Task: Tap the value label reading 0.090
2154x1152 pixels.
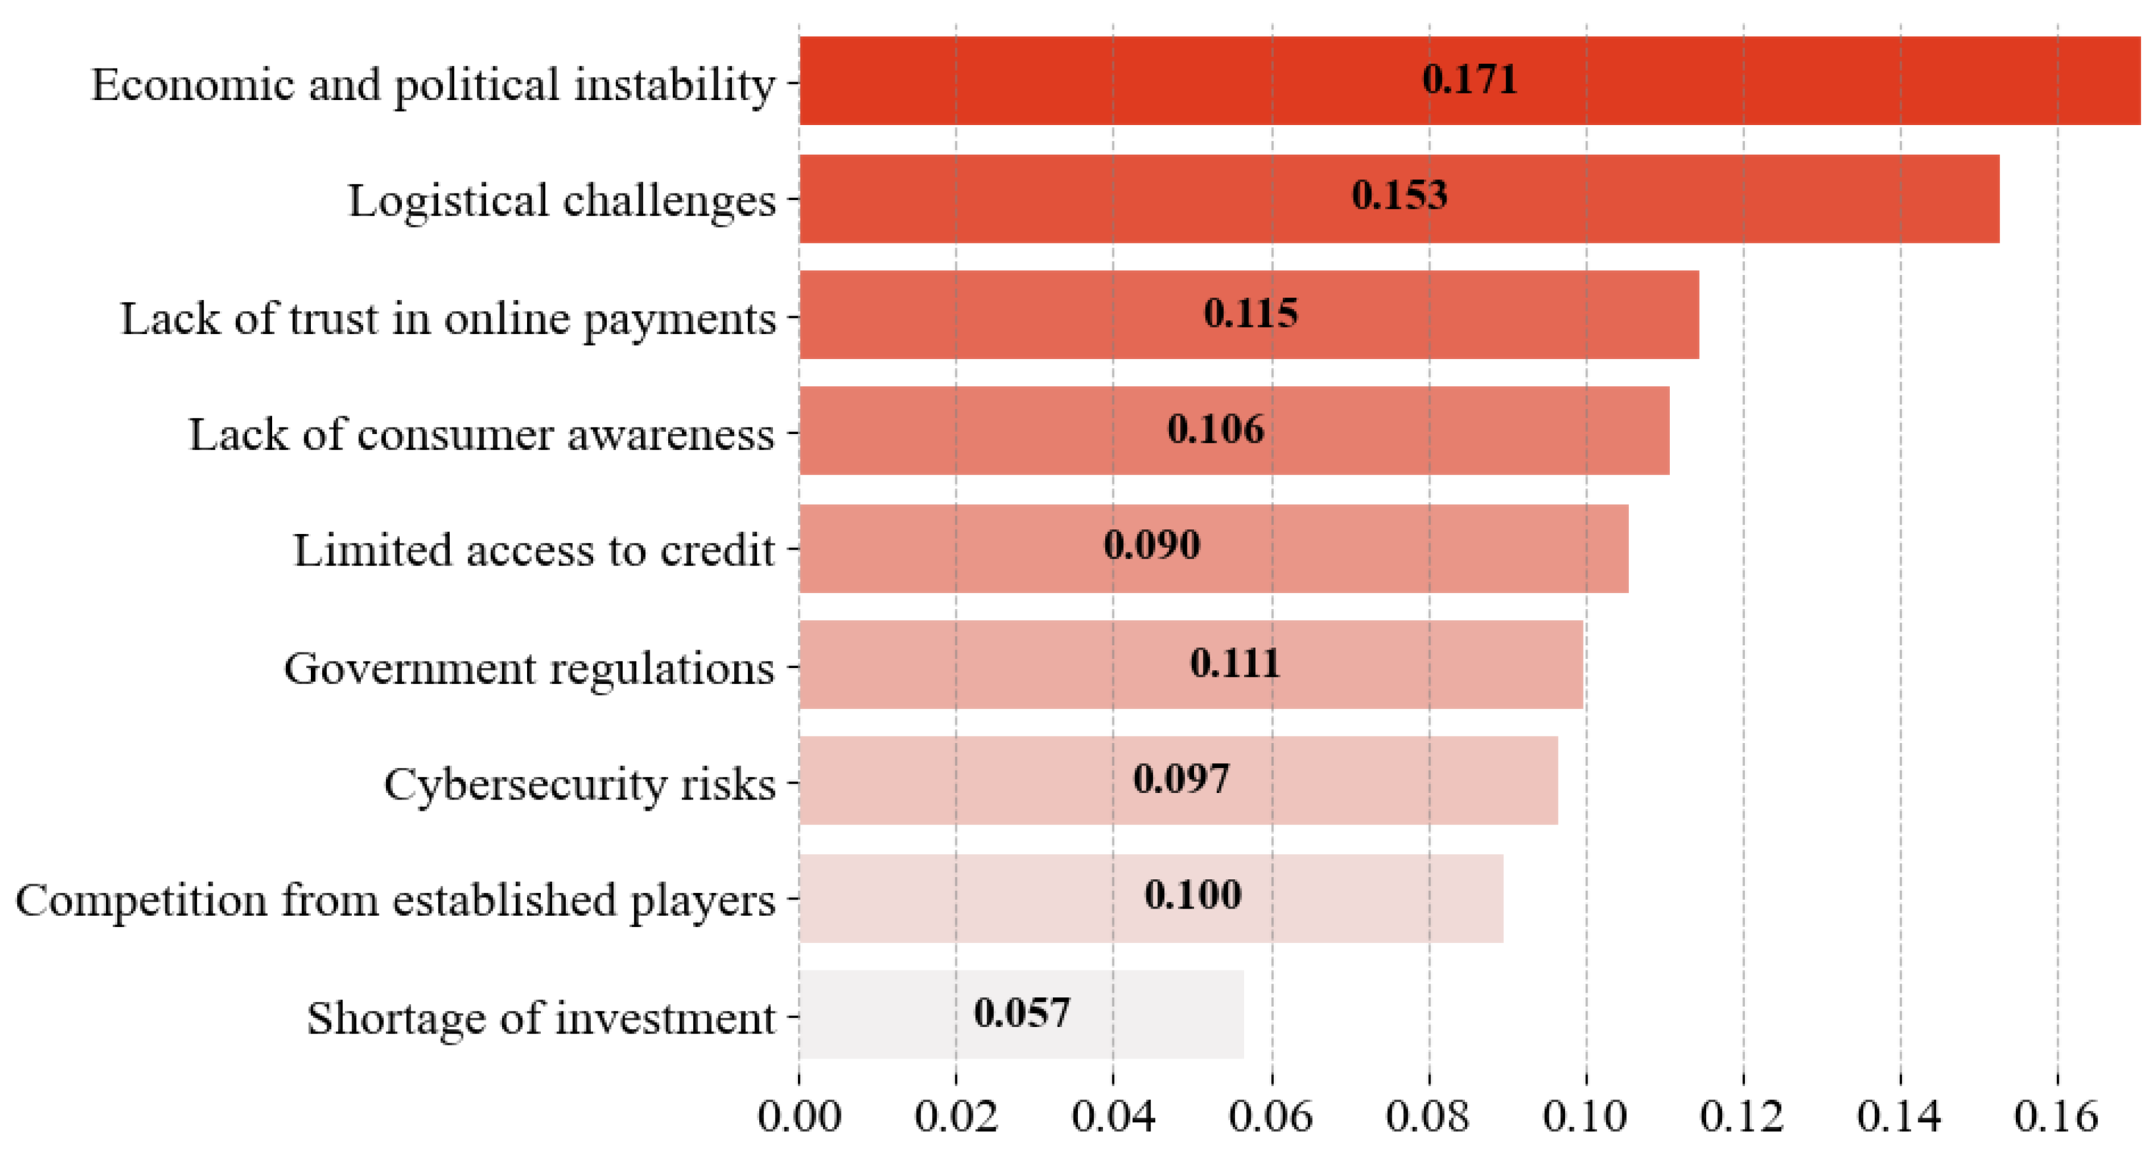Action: [1151, 545]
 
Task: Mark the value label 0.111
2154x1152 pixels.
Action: [1234, 664]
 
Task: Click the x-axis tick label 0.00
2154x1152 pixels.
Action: [799, 1117]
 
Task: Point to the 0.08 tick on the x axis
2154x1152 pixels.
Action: [1427, 1117]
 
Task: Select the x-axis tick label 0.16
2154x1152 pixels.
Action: [2056, 1117]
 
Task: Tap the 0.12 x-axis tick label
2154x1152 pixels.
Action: [1742, 1117]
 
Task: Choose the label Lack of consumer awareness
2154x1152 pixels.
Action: [482, 435]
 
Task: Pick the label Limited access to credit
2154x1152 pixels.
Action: [534, 551]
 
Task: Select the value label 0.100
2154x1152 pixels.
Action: [1192, 895]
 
